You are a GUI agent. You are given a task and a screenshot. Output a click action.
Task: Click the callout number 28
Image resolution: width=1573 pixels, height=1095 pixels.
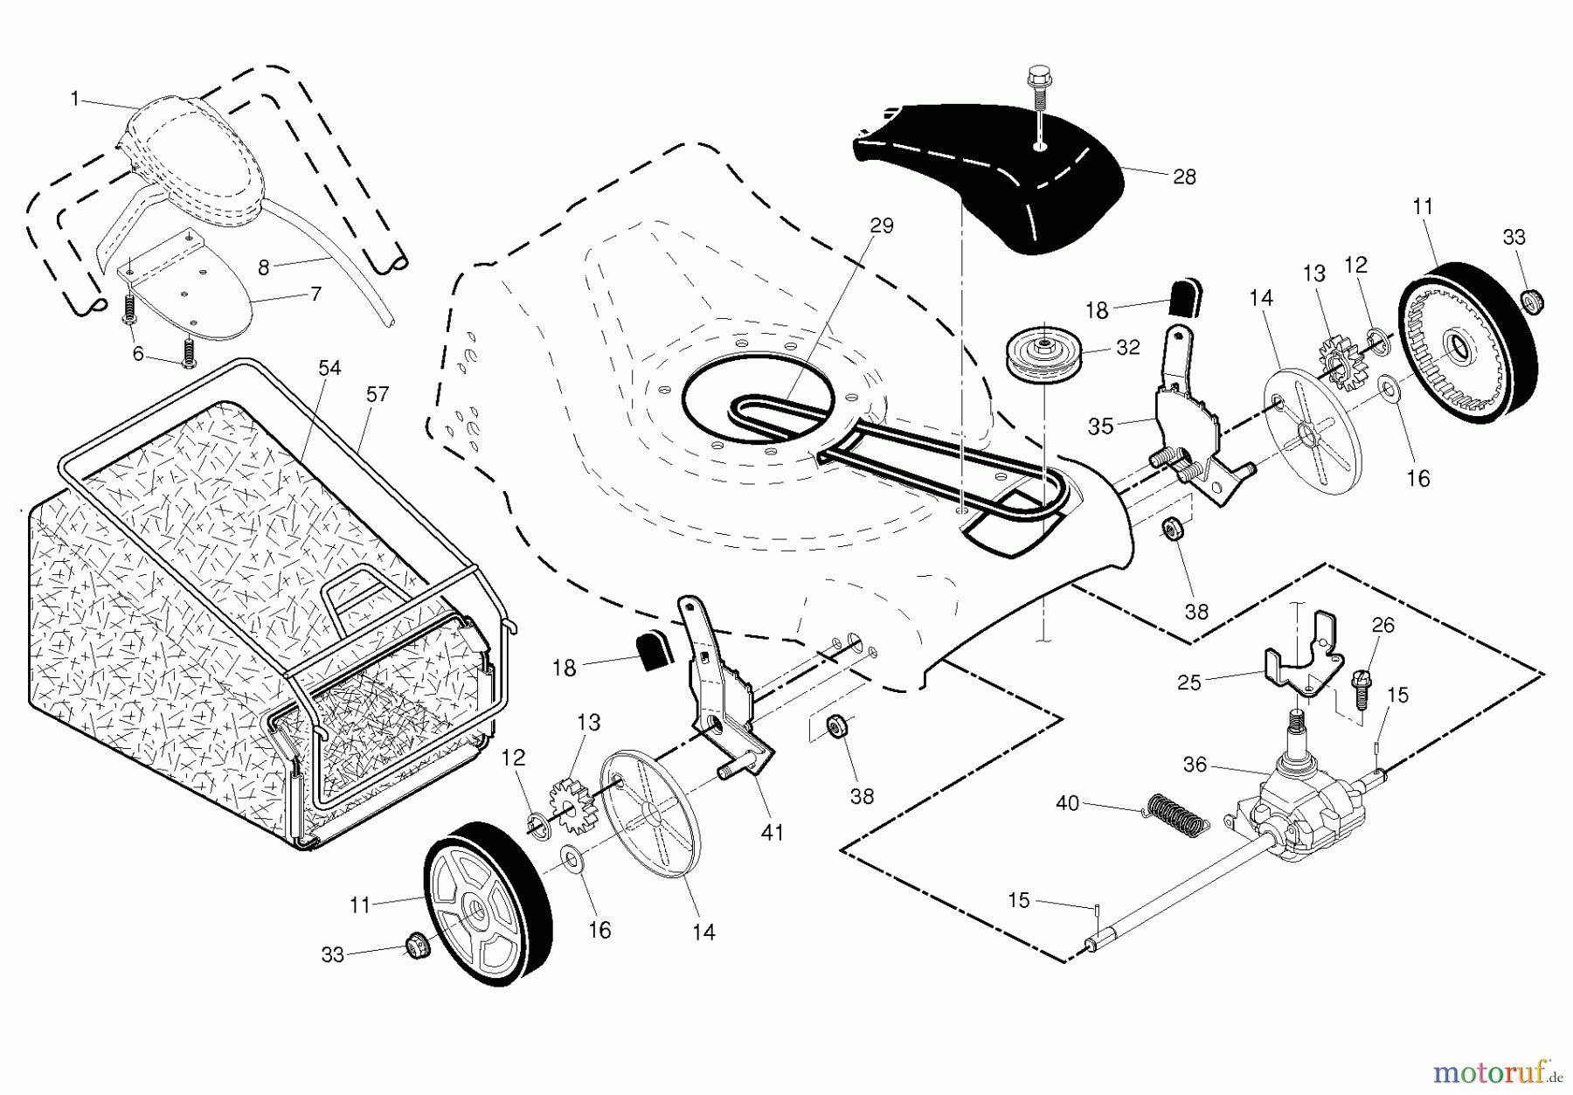(x=1184, y=177)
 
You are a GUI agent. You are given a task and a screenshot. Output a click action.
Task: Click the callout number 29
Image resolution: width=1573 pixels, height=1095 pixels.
(x=882, y=225)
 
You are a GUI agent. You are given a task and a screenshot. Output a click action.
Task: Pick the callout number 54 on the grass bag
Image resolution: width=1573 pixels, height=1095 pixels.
(x=329, y=368)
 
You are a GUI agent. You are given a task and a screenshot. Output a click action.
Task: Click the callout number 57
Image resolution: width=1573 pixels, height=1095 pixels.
(x=377, y=394)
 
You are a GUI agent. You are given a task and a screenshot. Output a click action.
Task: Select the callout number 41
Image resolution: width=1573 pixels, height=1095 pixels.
(x=772, y=833)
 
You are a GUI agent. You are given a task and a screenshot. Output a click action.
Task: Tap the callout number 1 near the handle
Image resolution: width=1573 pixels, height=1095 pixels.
(x=75, y=99)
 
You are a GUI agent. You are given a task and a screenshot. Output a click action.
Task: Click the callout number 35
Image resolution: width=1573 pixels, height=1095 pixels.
(x=1100, y=426)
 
